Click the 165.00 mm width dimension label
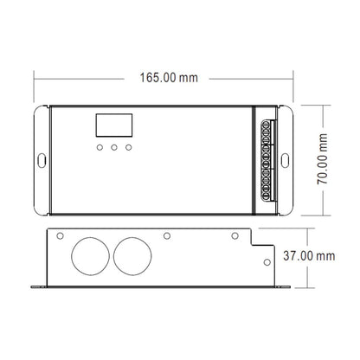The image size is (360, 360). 169,78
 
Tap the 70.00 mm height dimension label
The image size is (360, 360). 322,159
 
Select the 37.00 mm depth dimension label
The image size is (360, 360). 309,256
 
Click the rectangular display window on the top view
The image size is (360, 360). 114,125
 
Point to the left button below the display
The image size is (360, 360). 100,147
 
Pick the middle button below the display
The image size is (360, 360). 114,147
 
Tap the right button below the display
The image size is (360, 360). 129,147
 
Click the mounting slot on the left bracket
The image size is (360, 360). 42,160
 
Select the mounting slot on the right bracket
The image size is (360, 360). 285,160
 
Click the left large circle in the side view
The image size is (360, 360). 90,256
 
